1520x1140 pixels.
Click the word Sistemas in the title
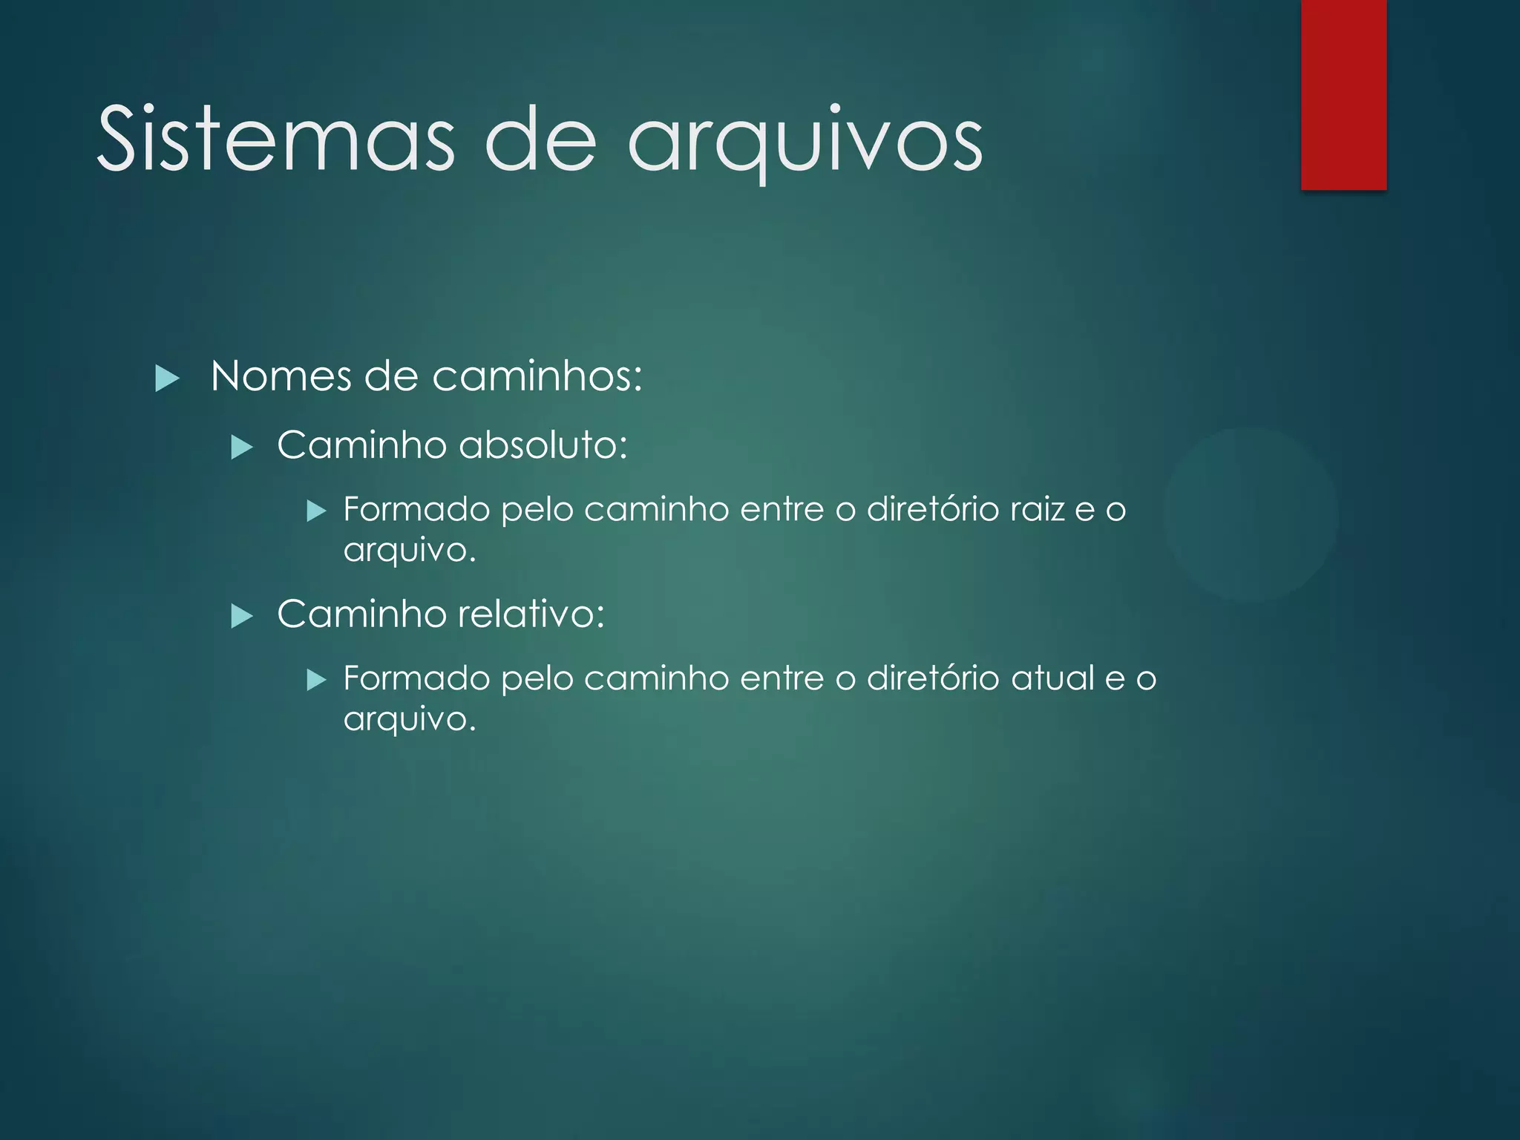(x=275, y=140)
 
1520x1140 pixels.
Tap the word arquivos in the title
(x=805, y=141)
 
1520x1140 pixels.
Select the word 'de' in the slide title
(x=540, y=140)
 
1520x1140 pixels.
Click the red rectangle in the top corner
(x=1343, y=95)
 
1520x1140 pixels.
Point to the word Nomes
(x=281, y=376)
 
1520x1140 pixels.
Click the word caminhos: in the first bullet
(x=537, y=376)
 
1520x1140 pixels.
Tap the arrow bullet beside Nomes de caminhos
(x=168, y=379)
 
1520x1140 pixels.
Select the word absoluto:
(x=543, y=445)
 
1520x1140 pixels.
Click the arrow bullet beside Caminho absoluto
(x=243, y=448)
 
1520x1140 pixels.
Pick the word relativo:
(x=531, y=615)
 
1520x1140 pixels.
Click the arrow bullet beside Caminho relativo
(x=243, y=616)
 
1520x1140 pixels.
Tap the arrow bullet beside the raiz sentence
(x=317, y=511)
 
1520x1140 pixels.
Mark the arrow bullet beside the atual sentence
(x=317, y=680)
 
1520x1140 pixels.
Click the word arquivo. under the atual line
(x=409, y=720)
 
